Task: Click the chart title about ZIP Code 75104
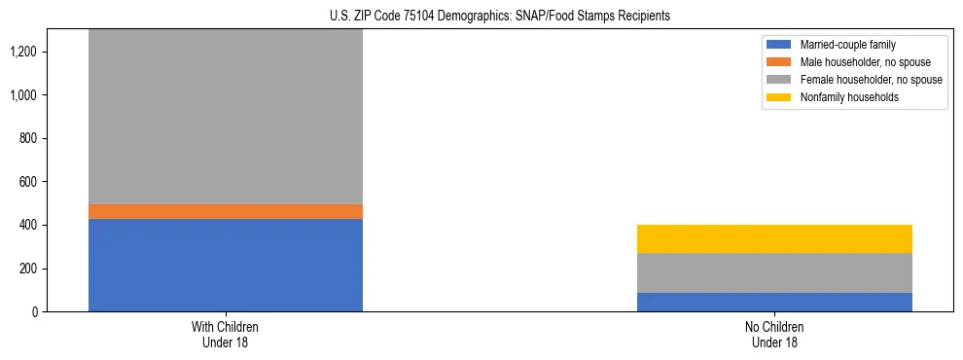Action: pyautogui.click(x=481, y=17)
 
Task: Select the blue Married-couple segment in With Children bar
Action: pyautogui.click(x=226, y=265)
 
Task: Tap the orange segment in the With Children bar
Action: pyautogui.click(x=226, y=211)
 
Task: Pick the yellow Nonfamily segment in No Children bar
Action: pyautogui.click(x=774, y=238)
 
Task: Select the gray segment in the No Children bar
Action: pyautogui.click(x=774, y=272)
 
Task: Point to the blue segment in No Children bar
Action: pyautogui.click(x=774, y=302)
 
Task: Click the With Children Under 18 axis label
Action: pyautogui.click(x=226, y=335)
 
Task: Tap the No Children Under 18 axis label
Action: pyautogui.click(x=774, y=335)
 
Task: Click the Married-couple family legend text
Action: pyautogui.click(x=846, y=45)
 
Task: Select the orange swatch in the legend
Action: pyautogui.click(x=779, y=62)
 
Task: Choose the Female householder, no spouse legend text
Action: pyautogui.click(x=871, y=80)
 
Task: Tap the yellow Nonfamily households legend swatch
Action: pyautogui.click(x=779, y=97)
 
